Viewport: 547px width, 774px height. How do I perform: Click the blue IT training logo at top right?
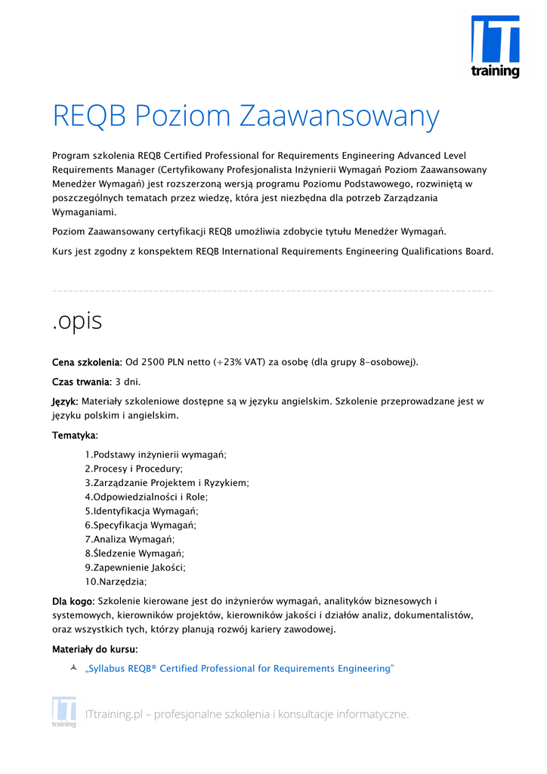495,46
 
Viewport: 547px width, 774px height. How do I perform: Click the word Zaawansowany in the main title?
339,116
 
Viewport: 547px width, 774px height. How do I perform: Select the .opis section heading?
77,320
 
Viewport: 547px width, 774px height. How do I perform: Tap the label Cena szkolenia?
87,362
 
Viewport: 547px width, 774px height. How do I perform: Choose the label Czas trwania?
82,382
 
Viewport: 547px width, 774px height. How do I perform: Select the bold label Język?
65,401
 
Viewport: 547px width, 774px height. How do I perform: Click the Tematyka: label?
75,435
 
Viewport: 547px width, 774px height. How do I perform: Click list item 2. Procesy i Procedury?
134,469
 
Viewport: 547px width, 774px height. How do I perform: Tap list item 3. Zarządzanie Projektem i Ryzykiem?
167,482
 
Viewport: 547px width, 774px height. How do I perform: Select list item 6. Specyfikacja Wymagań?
141,525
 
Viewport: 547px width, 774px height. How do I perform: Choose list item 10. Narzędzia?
116,581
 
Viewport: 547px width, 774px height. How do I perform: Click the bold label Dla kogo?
73,601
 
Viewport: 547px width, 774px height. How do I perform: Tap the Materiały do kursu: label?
95,649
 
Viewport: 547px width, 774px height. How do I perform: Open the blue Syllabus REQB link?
240,669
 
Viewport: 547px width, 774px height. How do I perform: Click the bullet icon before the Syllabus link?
73,668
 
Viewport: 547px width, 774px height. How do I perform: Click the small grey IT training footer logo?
64,712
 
